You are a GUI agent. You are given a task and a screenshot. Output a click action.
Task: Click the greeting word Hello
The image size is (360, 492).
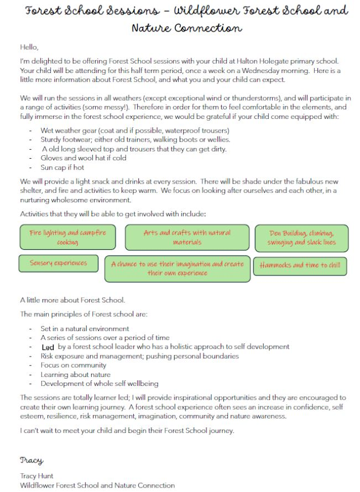point(29,48)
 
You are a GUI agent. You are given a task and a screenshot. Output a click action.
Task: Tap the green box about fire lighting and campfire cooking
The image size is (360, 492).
point(67,238)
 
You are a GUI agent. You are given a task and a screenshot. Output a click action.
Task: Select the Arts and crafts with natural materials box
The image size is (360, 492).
point(187,237)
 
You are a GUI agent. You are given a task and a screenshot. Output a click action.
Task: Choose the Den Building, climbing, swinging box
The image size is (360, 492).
point(301,238)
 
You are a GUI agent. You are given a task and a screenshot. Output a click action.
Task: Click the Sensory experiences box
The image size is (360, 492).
point(58,263)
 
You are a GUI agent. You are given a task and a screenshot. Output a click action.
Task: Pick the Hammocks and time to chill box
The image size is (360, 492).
point(300,265)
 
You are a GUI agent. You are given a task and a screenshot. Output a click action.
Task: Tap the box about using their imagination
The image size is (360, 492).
point(177,268)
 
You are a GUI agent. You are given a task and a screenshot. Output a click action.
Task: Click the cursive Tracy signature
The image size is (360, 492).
point(32,460)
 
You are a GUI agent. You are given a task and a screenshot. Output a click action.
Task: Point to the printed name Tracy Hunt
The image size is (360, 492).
point(38,476)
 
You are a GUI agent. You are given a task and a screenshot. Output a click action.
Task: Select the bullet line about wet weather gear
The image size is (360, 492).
point(127,130)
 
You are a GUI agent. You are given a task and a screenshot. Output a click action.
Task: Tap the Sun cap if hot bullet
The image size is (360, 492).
point(62,167)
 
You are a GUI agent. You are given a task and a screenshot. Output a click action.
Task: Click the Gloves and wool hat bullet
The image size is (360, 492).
point(84,158)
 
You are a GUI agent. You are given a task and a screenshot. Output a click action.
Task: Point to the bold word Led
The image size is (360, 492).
point(48,347)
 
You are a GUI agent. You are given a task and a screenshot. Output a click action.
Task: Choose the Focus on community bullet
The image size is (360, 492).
point(74,365)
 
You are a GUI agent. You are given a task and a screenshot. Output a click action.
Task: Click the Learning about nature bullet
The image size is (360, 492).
point(76,374)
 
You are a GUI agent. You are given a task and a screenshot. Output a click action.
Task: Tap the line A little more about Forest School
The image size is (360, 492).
point(72,300)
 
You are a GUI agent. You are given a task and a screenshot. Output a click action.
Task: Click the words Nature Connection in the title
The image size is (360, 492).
point(186,28)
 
